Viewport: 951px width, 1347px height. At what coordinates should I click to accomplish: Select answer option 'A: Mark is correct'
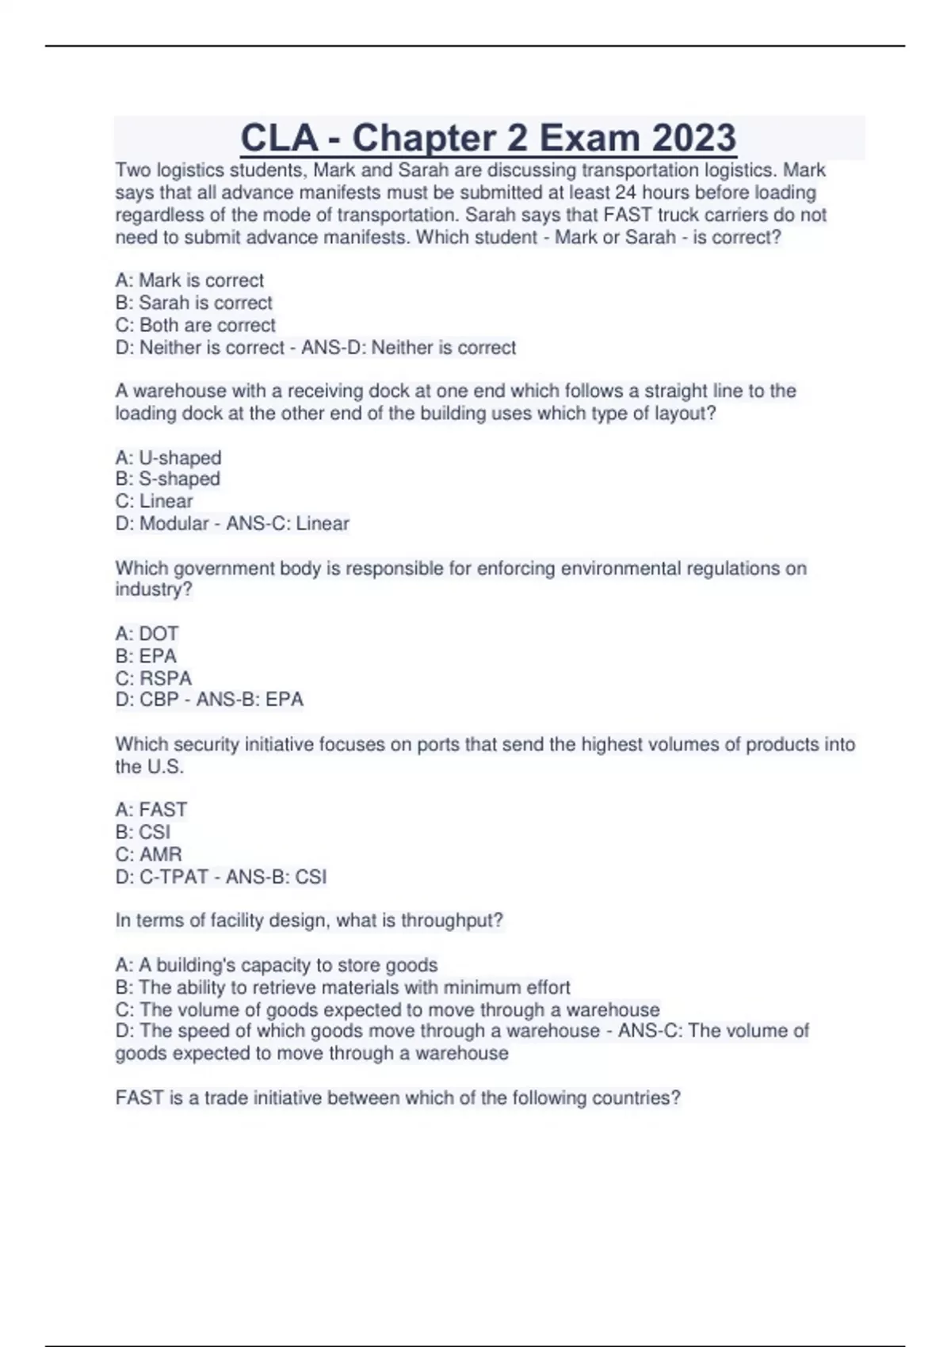coord(189,280)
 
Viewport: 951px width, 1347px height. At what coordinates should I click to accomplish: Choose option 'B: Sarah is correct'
coord(193,303)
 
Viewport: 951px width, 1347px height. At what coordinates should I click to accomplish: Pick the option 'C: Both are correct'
coord(195,325)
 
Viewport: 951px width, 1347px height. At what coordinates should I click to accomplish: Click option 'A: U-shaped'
coord(168,458)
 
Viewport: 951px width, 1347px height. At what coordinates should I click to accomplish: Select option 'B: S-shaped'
coord(167,479)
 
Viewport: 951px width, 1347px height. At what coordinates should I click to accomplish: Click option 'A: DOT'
coord(147,634)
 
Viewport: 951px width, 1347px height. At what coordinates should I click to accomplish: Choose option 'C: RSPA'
coord(153,678)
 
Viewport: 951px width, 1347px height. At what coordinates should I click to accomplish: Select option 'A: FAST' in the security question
coord(151,810)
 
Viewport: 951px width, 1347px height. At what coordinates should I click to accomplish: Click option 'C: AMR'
coord(148,854)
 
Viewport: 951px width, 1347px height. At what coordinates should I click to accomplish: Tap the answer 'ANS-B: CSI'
coord(276,877)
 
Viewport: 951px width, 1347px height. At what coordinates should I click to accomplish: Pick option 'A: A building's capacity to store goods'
coord(276,965)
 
